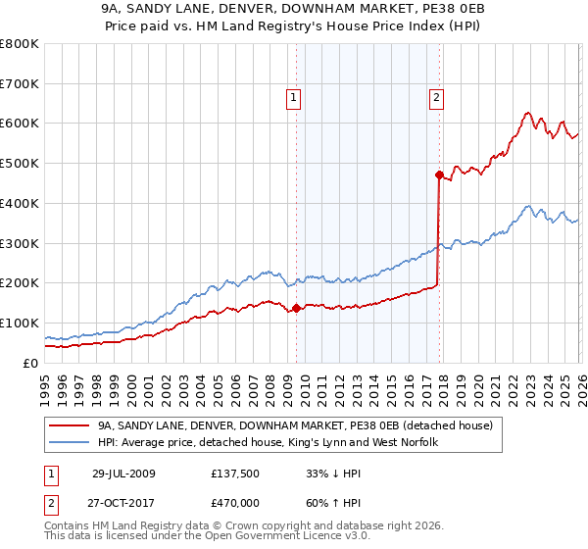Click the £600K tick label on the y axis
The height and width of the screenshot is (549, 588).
click(20, 124)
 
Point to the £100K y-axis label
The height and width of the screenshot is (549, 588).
click(20, 323)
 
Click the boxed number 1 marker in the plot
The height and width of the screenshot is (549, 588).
click(295, 96)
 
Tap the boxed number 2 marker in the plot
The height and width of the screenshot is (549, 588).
click(436, 96)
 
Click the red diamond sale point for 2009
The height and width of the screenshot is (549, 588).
click(296, 308)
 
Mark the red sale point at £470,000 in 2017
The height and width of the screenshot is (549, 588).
click(439, 175)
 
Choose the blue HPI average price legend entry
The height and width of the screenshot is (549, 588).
click(267, 443)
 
